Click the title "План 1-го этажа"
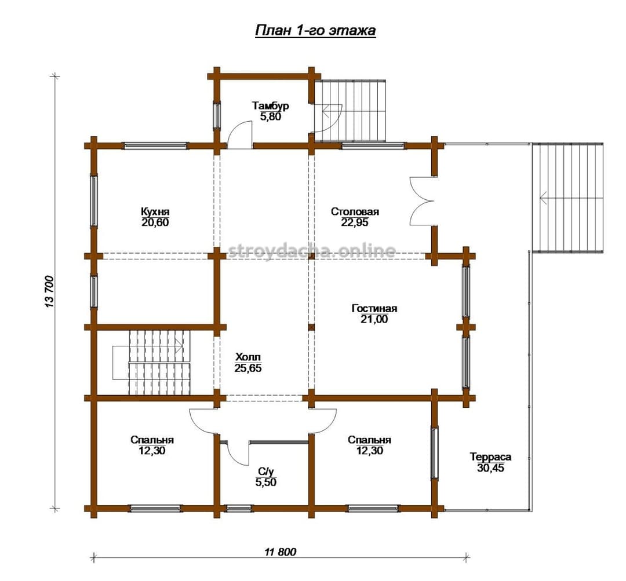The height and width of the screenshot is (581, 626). tap(315, 31)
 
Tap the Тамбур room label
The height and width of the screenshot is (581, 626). tap(270, 106)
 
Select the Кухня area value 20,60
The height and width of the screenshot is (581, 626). tap(155, 222)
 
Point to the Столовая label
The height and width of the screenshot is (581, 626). tap(355, 211)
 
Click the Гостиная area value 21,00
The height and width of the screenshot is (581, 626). tap(374, 319)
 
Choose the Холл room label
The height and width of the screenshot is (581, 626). tap(248, 357)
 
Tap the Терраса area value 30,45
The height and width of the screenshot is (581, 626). tap(490, 467)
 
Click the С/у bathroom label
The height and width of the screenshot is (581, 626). tap(266, 472)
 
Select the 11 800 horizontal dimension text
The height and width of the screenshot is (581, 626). tap(281, 552)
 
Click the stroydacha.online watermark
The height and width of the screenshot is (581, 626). tap(312, 251)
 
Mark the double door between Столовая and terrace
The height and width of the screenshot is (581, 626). tap(421, 201)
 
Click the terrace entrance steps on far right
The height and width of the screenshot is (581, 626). tap(567, 198)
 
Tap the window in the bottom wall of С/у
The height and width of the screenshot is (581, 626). tap(239, 509)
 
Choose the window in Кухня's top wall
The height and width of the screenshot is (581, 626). tap(155, 146)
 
